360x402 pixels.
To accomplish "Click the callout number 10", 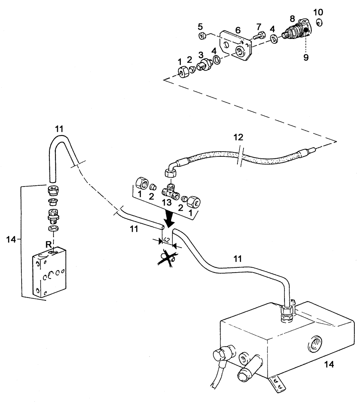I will pos(317,11).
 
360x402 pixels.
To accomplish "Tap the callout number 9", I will pos(306,57).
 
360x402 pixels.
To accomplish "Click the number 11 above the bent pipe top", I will pos(59,129).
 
